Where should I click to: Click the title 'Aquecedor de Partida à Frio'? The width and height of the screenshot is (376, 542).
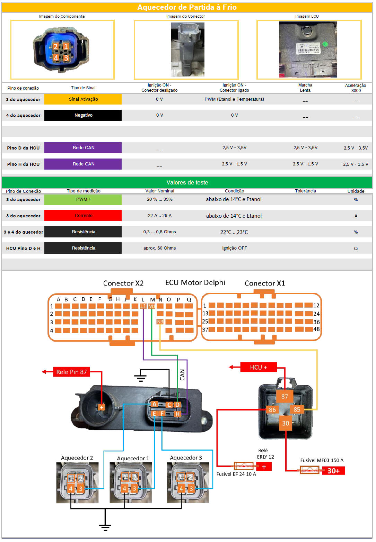click(x=187, y=7)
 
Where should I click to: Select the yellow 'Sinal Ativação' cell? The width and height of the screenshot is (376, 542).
click(x=83, y=99)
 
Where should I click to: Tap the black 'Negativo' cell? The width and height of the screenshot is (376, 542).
click(x=83, y=115)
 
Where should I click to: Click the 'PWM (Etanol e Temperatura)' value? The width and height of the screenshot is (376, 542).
click(x=234, y=99)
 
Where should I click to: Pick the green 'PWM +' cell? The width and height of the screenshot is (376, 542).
click(x=83, y=199)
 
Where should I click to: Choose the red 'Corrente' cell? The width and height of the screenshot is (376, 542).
click(x=83, y=216)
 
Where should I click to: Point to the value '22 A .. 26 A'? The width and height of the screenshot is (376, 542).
click(x=160, y=216)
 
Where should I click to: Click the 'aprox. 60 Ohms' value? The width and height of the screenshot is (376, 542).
click(x=160, y=248)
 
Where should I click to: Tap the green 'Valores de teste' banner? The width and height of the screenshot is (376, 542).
click(x=187, y=182)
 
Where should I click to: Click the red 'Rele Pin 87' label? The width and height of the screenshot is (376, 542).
click(x=71, y=372)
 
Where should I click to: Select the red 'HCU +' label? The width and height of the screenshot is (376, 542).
click(x=259, y=367)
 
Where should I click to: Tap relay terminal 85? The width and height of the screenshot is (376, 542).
click(x=297, y=409)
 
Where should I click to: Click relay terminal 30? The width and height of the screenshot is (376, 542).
click(x=286, y=423)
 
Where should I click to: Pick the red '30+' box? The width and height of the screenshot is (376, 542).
click(x=333, y=471)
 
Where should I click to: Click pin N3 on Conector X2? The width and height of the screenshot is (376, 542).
click(x=160, y=322)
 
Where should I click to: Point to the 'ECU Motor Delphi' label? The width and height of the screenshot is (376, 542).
click(x=195, y=283)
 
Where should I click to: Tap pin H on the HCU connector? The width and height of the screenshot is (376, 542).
click(x=177, y=414)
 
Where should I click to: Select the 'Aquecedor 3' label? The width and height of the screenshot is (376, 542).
click(x=186, y=458)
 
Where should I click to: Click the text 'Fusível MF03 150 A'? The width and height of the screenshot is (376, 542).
click(x=322, y=460)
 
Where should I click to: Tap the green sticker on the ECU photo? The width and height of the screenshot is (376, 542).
click(x=325, y=44)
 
